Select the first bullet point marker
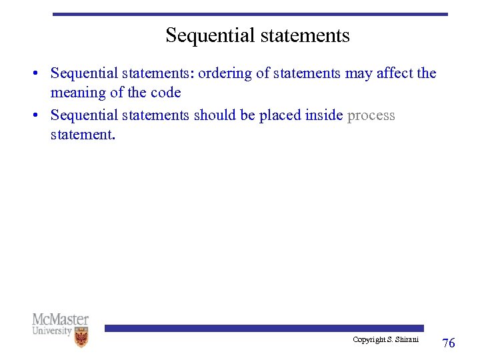point(41,73)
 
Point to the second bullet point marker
point(41,116)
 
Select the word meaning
point(78,93)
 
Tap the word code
point(165,93)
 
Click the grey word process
point(371,115)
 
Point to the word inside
point(323,115)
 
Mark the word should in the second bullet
point(215,115)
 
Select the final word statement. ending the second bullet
point(83,135)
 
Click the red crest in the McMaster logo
point(81,337)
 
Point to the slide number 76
point(449,343)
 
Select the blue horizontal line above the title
point(250,14)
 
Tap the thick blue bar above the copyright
point(263,328)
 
